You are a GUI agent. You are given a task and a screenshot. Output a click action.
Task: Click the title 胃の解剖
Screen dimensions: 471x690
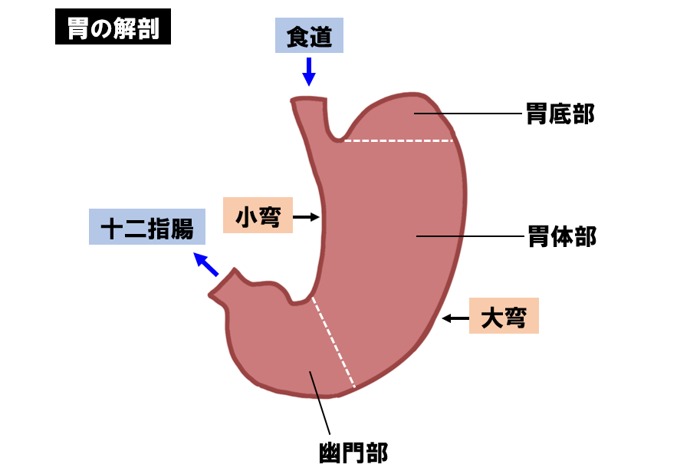pos(113,29)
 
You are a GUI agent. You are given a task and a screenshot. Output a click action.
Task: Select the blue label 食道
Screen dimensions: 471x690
pos(309,37)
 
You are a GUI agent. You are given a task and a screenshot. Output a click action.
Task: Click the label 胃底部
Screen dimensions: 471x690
pos(560,114)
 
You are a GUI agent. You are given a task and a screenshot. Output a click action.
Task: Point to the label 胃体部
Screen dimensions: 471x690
pos(561,236)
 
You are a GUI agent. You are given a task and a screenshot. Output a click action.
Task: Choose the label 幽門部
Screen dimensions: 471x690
pos(353,452)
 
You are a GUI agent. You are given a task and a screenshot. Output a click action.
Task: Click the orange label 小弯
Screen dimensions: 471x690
pos(258,217)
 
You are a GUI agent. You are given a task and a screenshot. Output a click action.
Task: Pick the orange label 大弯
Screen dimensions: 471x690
pos(504,316)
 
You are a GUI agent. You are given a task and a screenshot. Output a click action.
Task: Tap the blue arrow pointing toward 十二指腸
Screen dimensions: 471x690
pos(206,264)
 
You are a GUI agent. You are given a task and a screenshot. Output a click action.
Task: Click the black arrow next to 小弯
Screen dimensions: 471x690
pos(307,218)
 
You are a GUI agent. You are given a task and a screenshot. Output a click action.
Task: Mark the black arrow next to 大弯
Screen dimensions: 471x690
pos(458,317)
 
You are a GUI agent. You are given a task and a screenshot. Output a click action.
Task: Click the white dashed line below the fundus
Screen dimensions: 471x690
pos(398,141)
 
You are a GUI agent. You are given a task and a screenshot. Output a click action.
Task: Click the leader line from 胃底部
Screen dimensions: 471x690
pos(468,114)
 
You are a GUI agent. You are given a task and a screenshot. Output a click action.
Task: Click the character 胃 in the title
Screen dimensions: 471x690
pos(77,29)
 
